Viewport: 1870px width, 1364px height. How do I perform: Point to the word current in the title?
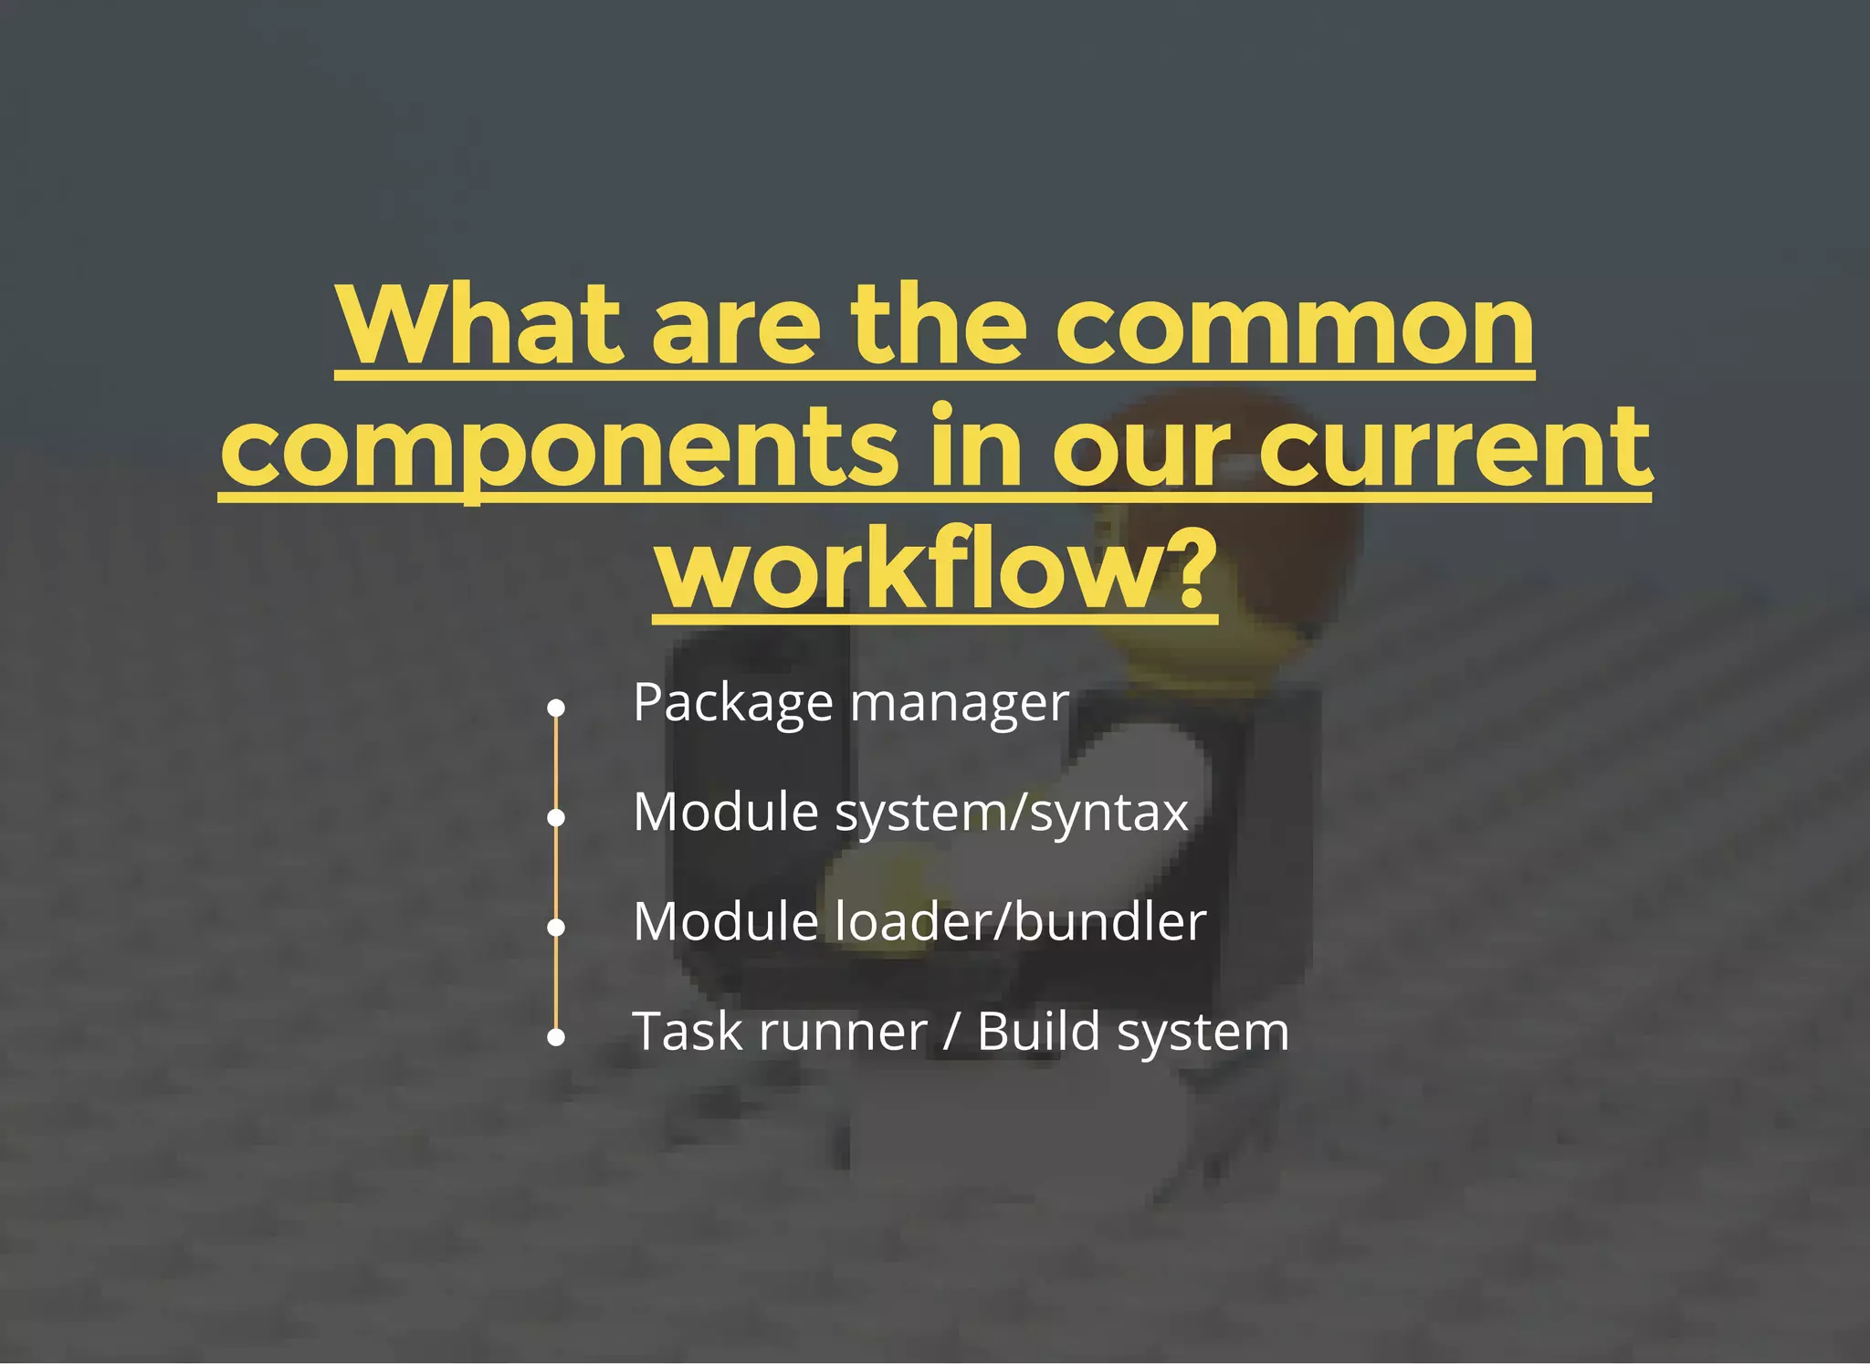1455,447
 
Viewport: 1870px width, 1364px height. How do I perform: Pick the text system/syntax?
1012,813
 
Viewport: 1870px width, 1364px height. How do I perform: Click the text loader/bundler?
1022,921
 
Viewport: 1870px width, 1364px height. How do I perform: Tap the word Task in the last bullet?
688,1032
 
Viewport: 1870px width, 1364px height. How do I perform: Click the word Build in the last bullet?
1038,1032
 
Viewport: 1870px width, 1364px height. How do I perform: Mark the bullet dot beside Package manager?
556,708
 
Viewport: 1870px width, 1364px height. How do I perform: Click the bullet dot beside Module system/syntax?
556,817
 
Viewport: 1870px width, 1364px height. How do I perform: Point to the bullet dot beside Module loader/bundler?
556,927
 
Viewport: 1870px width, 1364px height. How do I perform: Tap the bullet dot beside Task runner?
556,1037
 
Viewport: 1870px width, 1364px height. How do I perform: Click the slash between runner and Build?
951,1033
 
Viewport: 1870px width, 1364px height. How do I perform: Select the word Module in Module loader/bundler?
726,921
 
